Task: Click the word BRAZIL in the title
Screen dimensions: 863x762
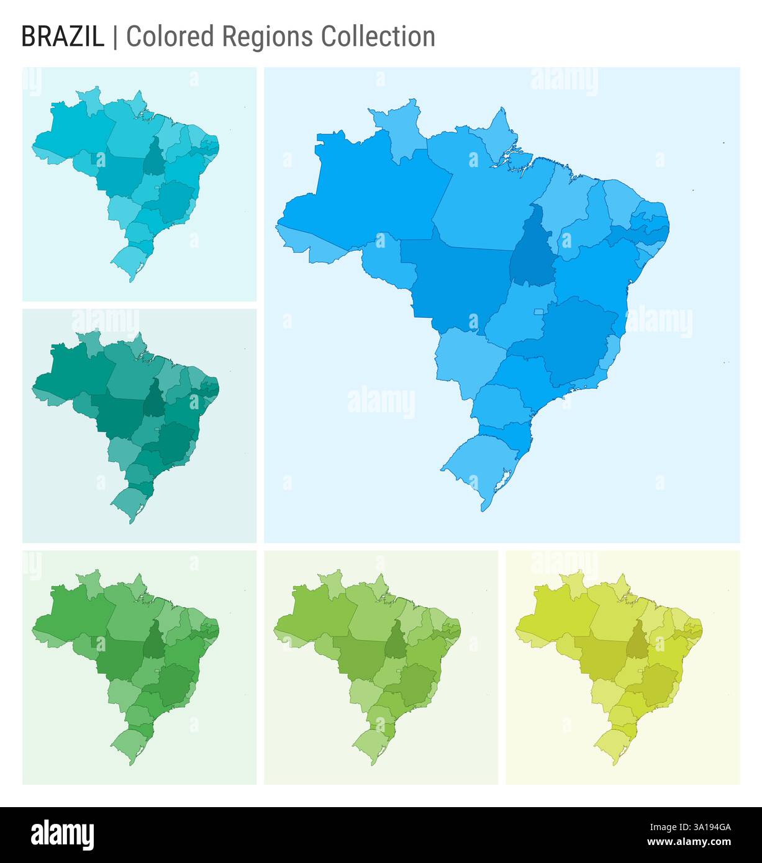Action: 63,37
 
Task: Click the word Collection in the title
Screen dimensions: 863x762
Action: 378,37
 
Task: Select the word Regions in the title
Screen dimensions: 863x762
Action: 269,37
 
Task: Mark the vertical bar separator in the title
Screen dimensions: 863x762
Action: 115,37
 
